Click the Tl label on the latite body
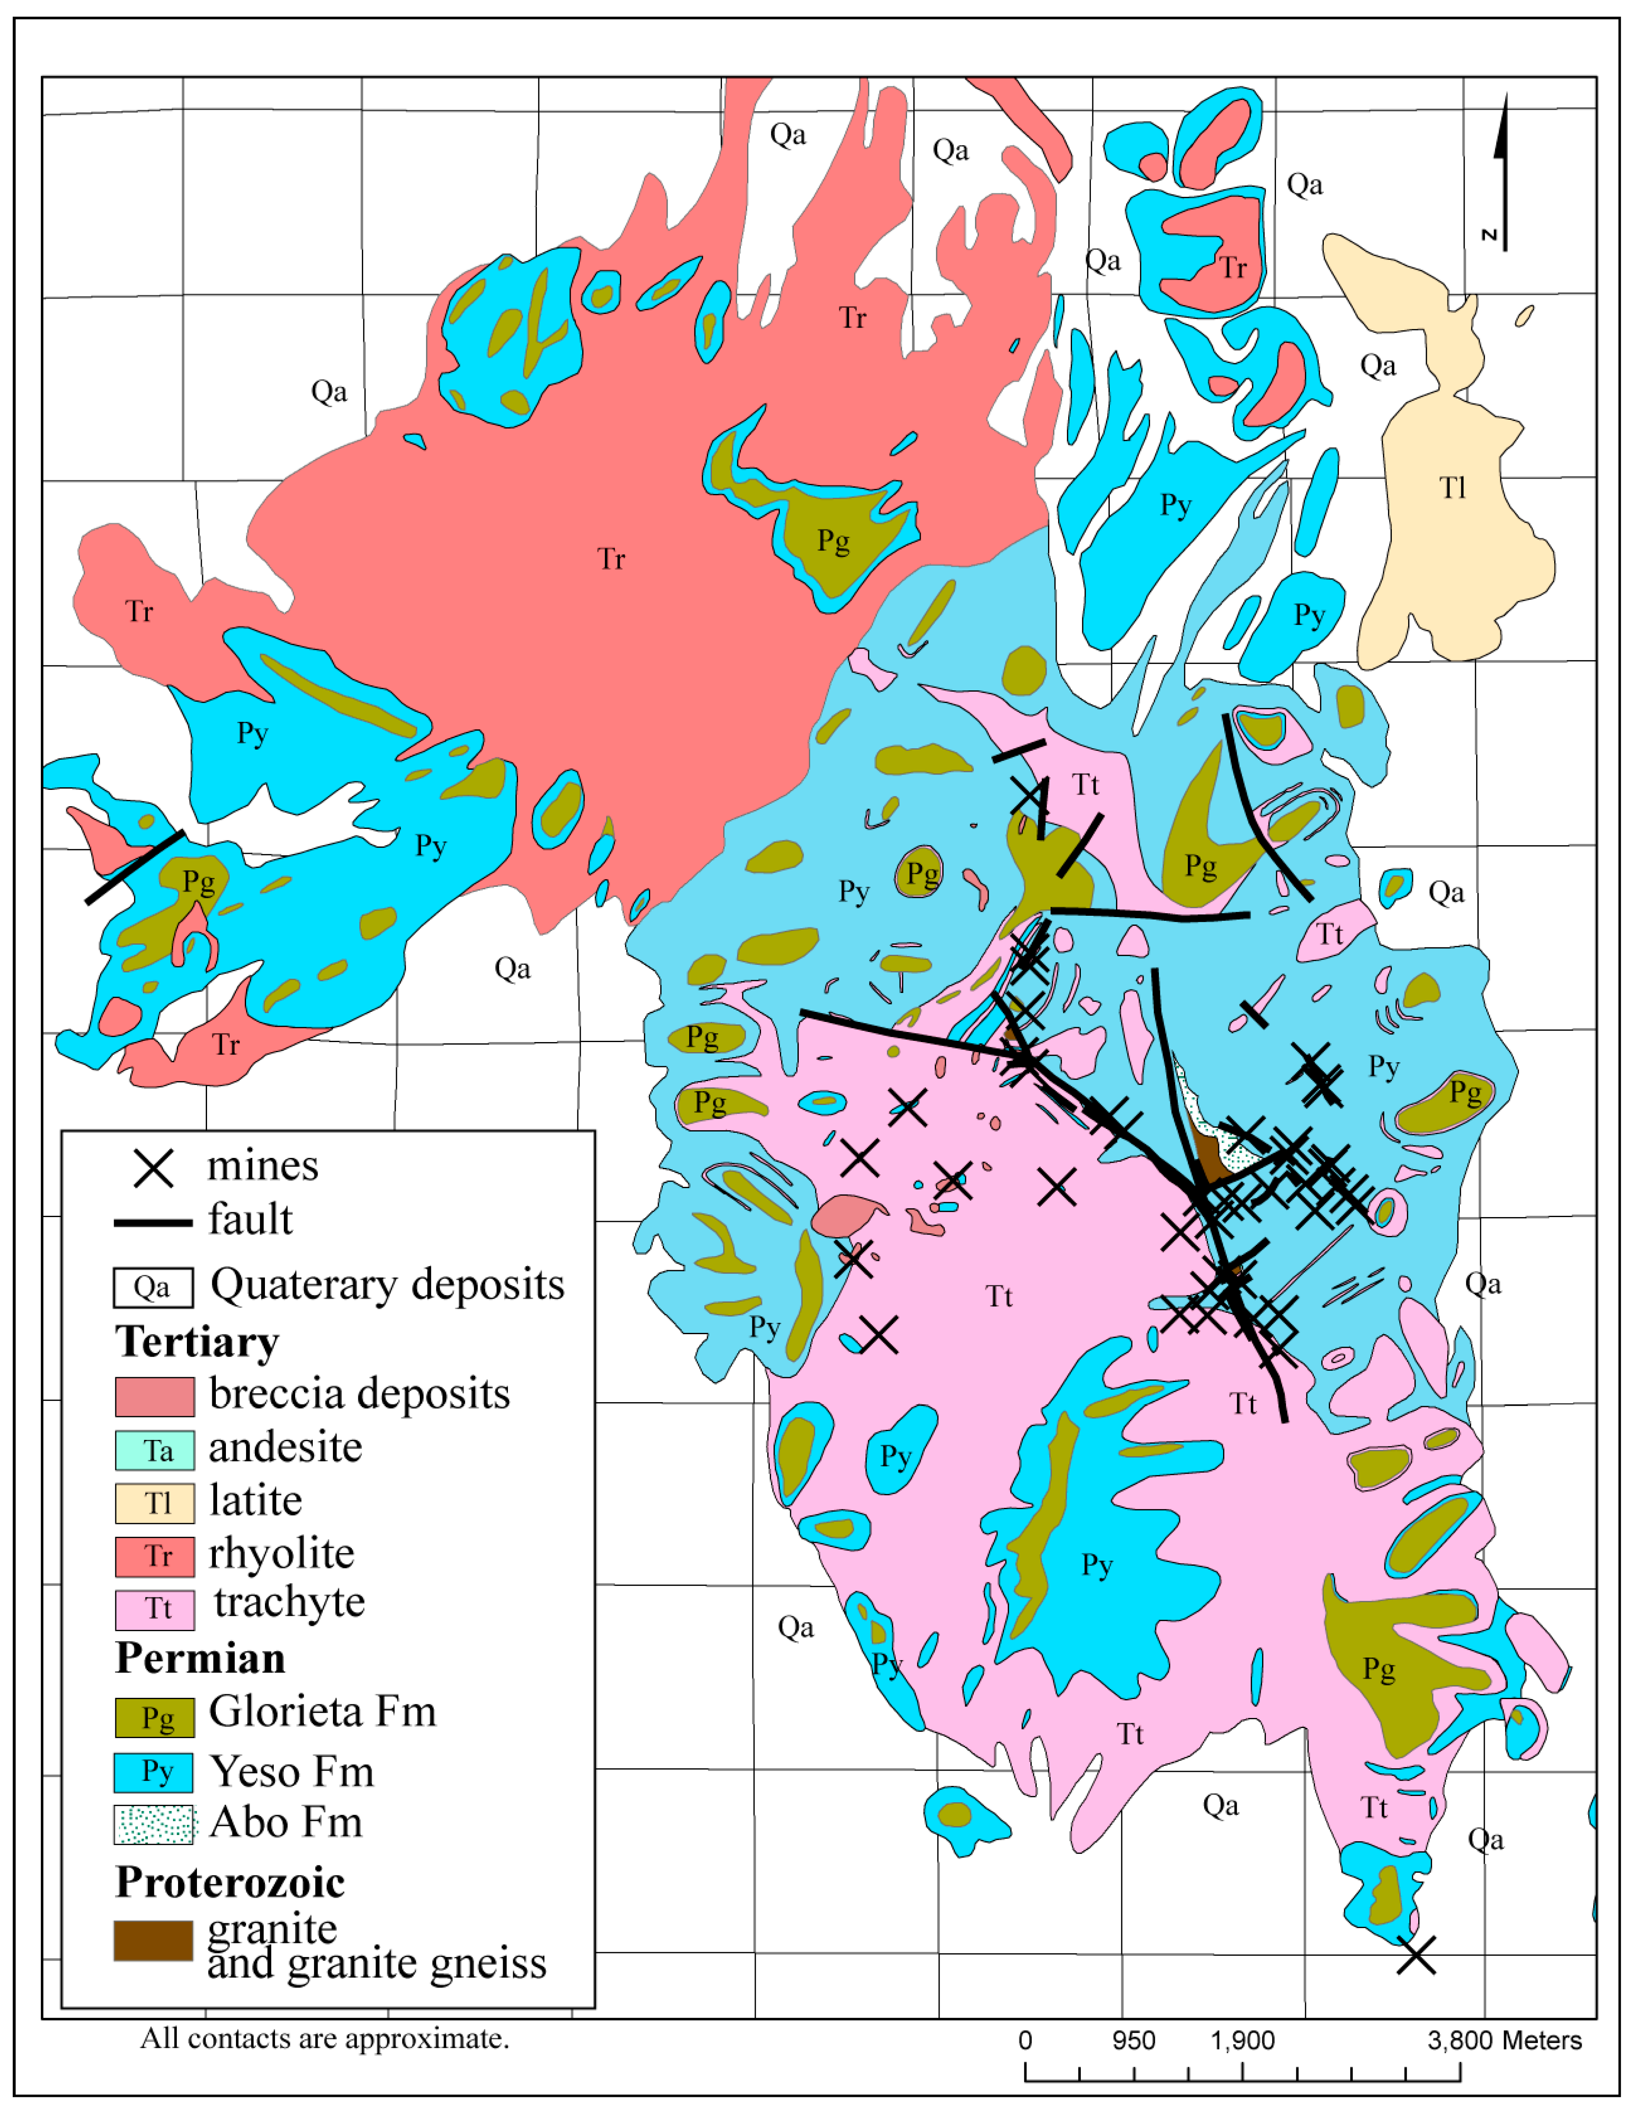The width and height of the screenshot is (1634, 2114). click(x=1452, y=488)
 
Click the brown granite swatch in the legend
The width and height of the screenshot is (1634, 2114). click(x=153, y=1940)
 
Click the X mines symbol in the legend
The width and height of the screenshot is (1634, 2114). click(x=153, y=1168)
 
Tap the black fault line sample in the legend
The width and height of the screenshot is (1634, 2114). click(x=153, y=1222)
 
